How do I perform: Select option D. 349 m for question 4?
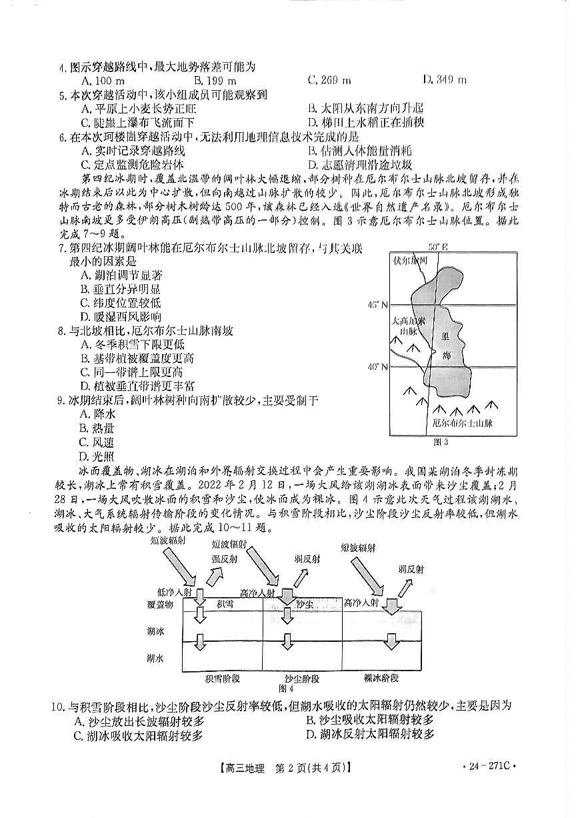point(445,80)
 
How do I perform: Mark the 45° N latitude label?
point(379,305)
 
